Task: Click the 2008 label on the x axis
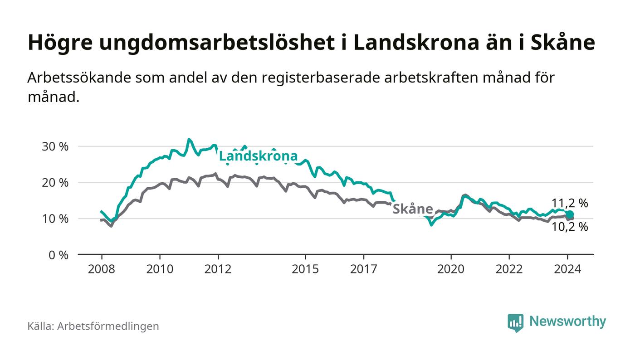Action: click(x=101, y=269)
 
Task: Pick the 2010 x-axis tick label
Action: click(x=160, y=269)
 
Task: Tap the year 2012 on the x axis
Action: click(x=218, y=269)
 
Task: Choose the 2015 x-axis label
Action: click(x=306, y=269)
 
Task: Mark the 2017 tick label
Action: click(x=364, y=269)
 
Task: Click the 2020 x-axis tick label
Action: click(x=451, y=269)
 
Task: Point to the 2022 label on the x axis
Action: click(x=509, y=269)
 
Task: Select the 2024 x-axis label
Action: click(x=567, y=269)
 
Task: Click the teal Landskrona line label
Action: click(x=258, y=156)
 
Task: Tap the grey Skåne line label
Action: click(x=412, y=209)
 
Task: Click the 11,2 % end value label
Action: click(x=570, y=204)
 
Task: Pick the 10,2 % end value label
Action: click(x=570, y=227)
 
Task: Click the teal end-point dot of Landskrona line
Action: click(x=571, y=214)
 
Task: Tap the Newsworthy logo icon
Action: click(x=515, y=322)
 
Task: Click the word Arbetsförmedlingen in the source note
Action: click(x=108, y=326)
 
